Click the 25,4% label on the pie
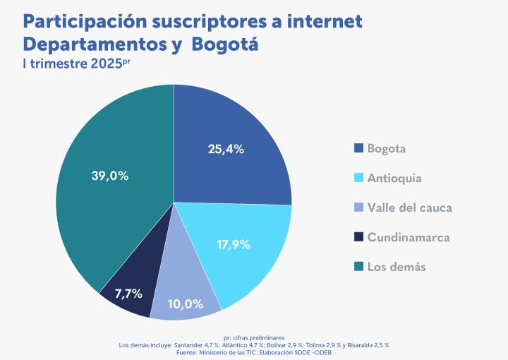point(226,149)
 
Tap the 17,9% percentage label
point(233,246)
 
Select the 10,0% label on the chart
point(186,304)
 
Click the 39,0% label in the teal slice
point(110,176)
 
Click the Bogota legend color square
point(358,148)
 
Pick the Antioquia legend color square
point(358,178)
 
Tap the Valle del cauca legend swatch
point(358,208)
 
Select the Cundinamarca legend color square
point(358,237)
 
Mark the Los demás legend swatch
point(358,266)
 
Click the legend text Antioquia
point(394,178)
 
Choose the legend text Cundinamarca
point(409,237)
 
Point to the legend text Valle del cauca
point(410,208)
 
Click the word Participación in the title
point(78,21)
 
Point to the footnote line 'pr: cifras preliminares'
point(254,338)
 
